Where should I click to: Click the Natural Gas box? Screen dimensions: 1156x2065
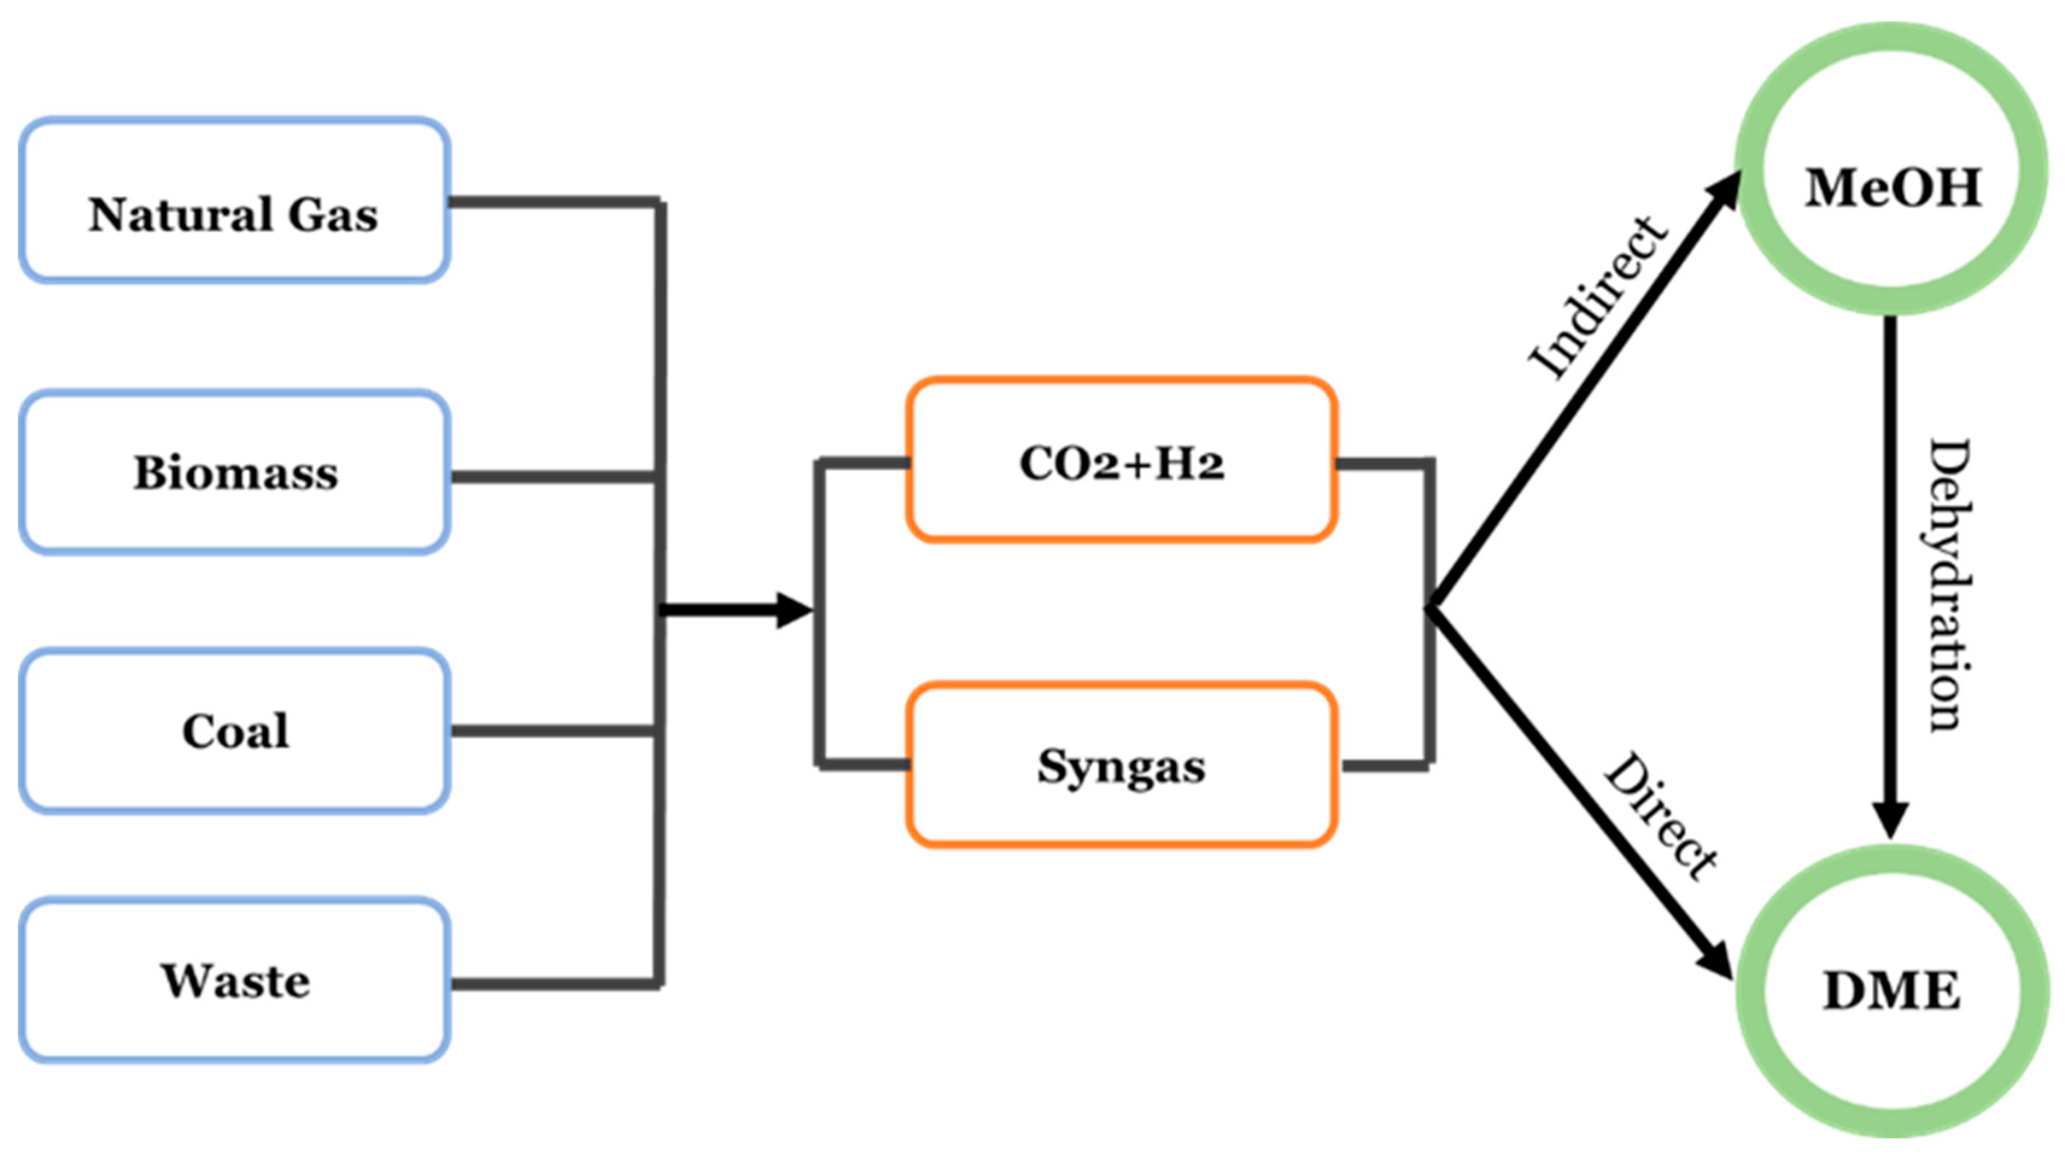click(234, 200)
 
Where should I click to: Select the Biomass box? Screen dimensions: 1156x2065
click(234, 473)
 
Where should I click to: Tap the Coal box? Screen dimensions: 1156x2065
click(234, 731)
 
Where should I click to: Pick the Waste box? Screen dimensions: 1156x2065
click(234, 981)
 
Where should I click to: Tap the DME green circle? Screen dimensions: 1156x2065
click(1892, 991)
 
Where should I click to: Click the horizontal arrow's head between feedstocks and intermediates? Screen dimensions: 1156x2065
click(794, 611)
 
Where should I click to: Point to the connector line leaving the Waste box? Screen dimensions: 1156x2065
click(553, 984)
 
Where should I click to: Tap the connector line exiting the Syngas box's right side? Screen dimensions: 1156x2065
click(1385, 767)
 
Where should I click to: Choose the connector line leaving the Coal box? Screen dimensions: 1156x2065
click(553, 731)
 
